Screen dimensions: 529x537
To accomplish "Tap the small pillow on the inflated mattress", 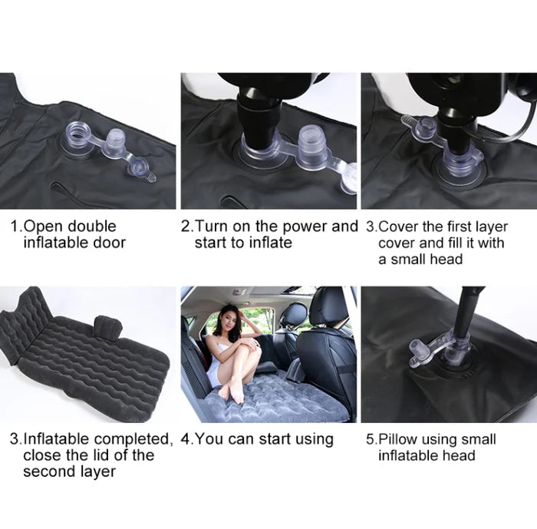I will pos(108,327).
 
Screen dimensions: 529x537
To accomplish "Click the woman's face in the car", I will pos(229,316).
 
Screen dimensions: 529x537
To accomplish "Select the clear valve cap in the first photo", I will pos(115,143).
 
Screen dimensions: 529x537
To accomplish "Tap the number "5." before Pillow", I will pos(371,439).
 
